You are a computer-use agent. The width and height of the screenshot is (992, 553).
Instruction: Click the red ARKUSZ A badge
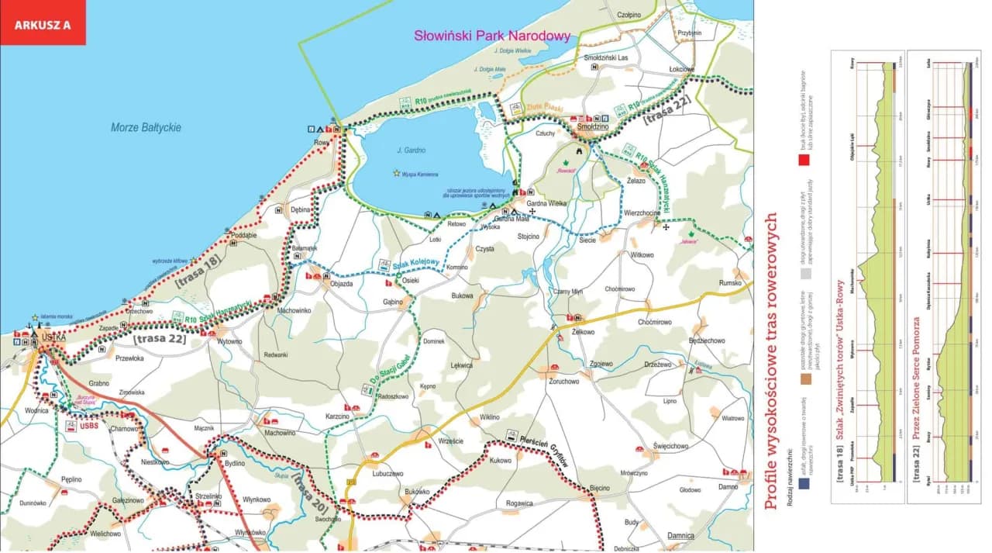click(x=43, y=24)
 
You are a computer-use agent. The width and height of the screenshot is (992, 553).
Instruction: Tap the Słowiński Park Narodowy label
click(x=492, y=36)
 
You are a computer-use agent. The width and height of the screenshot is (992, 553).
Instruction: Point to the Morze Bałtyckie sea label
click(x=146, y=127)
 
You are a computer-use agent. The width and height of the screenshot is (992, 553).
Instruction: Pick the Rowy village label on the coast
click(x=322, y=142)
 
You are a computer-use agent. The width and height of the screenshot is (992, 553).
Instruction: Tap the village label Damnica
click(x=680, y=536)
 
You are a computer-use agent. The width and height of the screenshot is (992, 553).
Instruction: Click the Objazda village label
click(x=341, y=284)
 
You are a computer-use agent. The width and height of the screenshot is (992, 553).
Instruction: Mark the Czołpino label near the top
click(x=629, y=15)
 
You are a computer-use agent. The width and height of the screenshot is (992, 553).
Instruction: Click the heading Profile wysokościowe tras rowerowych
click(x=770, y=372)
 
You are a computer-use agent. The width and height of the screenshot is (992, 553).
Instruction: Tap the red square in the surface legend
click(x=804, y=162)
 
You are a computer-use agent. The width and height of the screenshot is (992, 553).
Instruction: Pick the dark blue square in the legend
click(x=804, y=483)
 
